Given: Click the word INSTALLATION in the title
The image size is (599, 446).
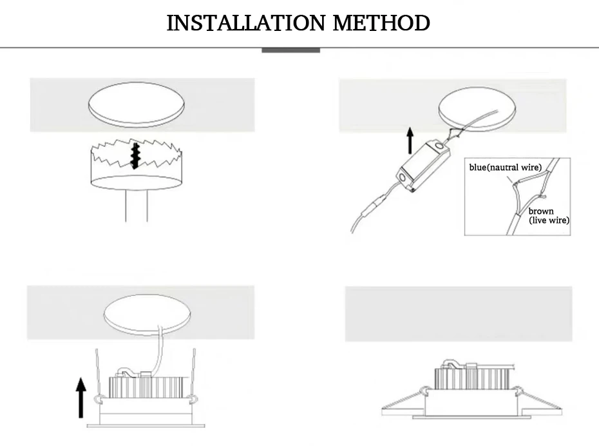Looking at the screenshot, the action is point(245,23).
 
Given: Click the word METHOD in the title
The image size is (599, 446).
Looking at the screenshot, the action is point(381,23).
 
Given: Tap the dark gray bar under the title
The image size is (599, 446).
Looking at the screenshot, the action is point(290,50).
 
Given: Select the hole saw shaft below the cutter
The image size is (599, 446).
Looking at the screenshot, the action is point(137,205).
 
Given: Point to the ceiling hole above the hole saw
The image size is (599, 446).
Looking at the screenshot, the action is point(137,104).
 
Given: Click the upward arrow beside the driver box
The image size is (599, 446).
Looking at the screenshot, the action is point(410,141).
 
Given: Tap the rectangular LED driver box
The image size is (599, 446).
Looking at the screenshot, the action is point(423,166).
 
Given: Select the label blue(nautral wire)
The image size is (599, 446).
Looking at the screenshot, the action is point(506,168).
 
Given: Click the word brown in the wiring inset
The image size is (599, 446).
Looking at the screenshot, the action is point(541,211).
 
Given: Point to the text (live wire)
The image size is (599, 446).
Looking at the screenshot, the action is point(549,220).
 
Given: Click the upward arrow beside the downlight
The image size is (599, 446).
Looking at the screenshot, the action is point(81,398).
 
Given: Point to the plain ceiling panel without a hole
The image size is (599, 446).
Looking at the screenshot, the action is point(459,314).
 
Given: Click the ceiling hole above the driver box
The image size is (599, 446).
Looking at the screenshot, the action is point(477,109).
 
